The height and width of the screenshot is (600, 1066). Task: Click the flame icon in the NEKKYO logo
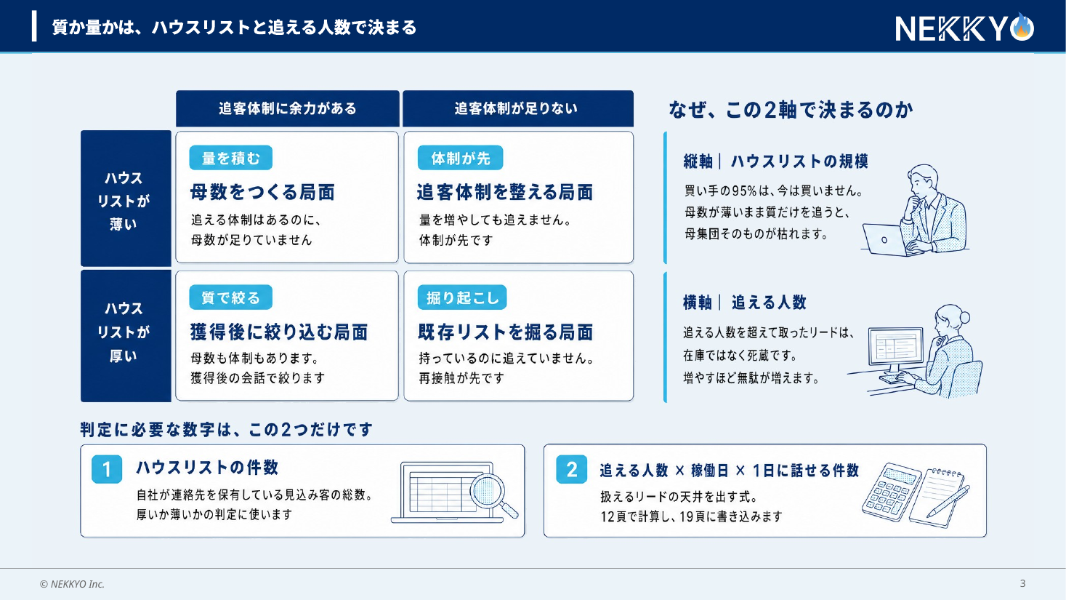(1022, 27)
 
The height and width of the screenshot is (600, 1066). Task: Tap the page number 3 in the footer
(1022, 583)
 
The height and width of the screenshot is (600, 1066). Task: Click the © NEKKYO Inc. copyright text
(72, 584)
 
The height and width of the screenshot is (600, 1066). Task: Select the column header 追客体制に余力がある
(288, 108)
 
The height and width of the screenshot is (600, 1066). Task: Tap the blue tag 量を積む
(231, 158)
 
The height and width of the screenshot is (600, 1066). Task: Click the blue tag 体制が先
(460, 158)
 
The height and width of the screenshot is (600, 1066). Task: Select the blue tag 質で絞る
(231, 297)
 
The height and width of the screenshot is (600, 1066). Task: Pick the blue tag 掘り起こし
(462, 297)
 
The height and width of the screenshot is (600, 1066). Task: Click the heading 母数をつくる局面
(263, 192)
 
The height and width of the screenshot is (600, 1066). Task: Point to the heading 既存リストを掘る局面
(506, 332)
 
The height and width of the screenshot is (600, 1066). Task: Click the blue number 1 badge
(107, 469)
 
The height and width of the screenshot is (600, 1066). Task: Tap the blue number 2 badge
(572, 469)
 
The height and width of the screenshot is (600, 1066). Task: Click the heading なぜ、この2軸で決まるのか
(791, 110)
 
